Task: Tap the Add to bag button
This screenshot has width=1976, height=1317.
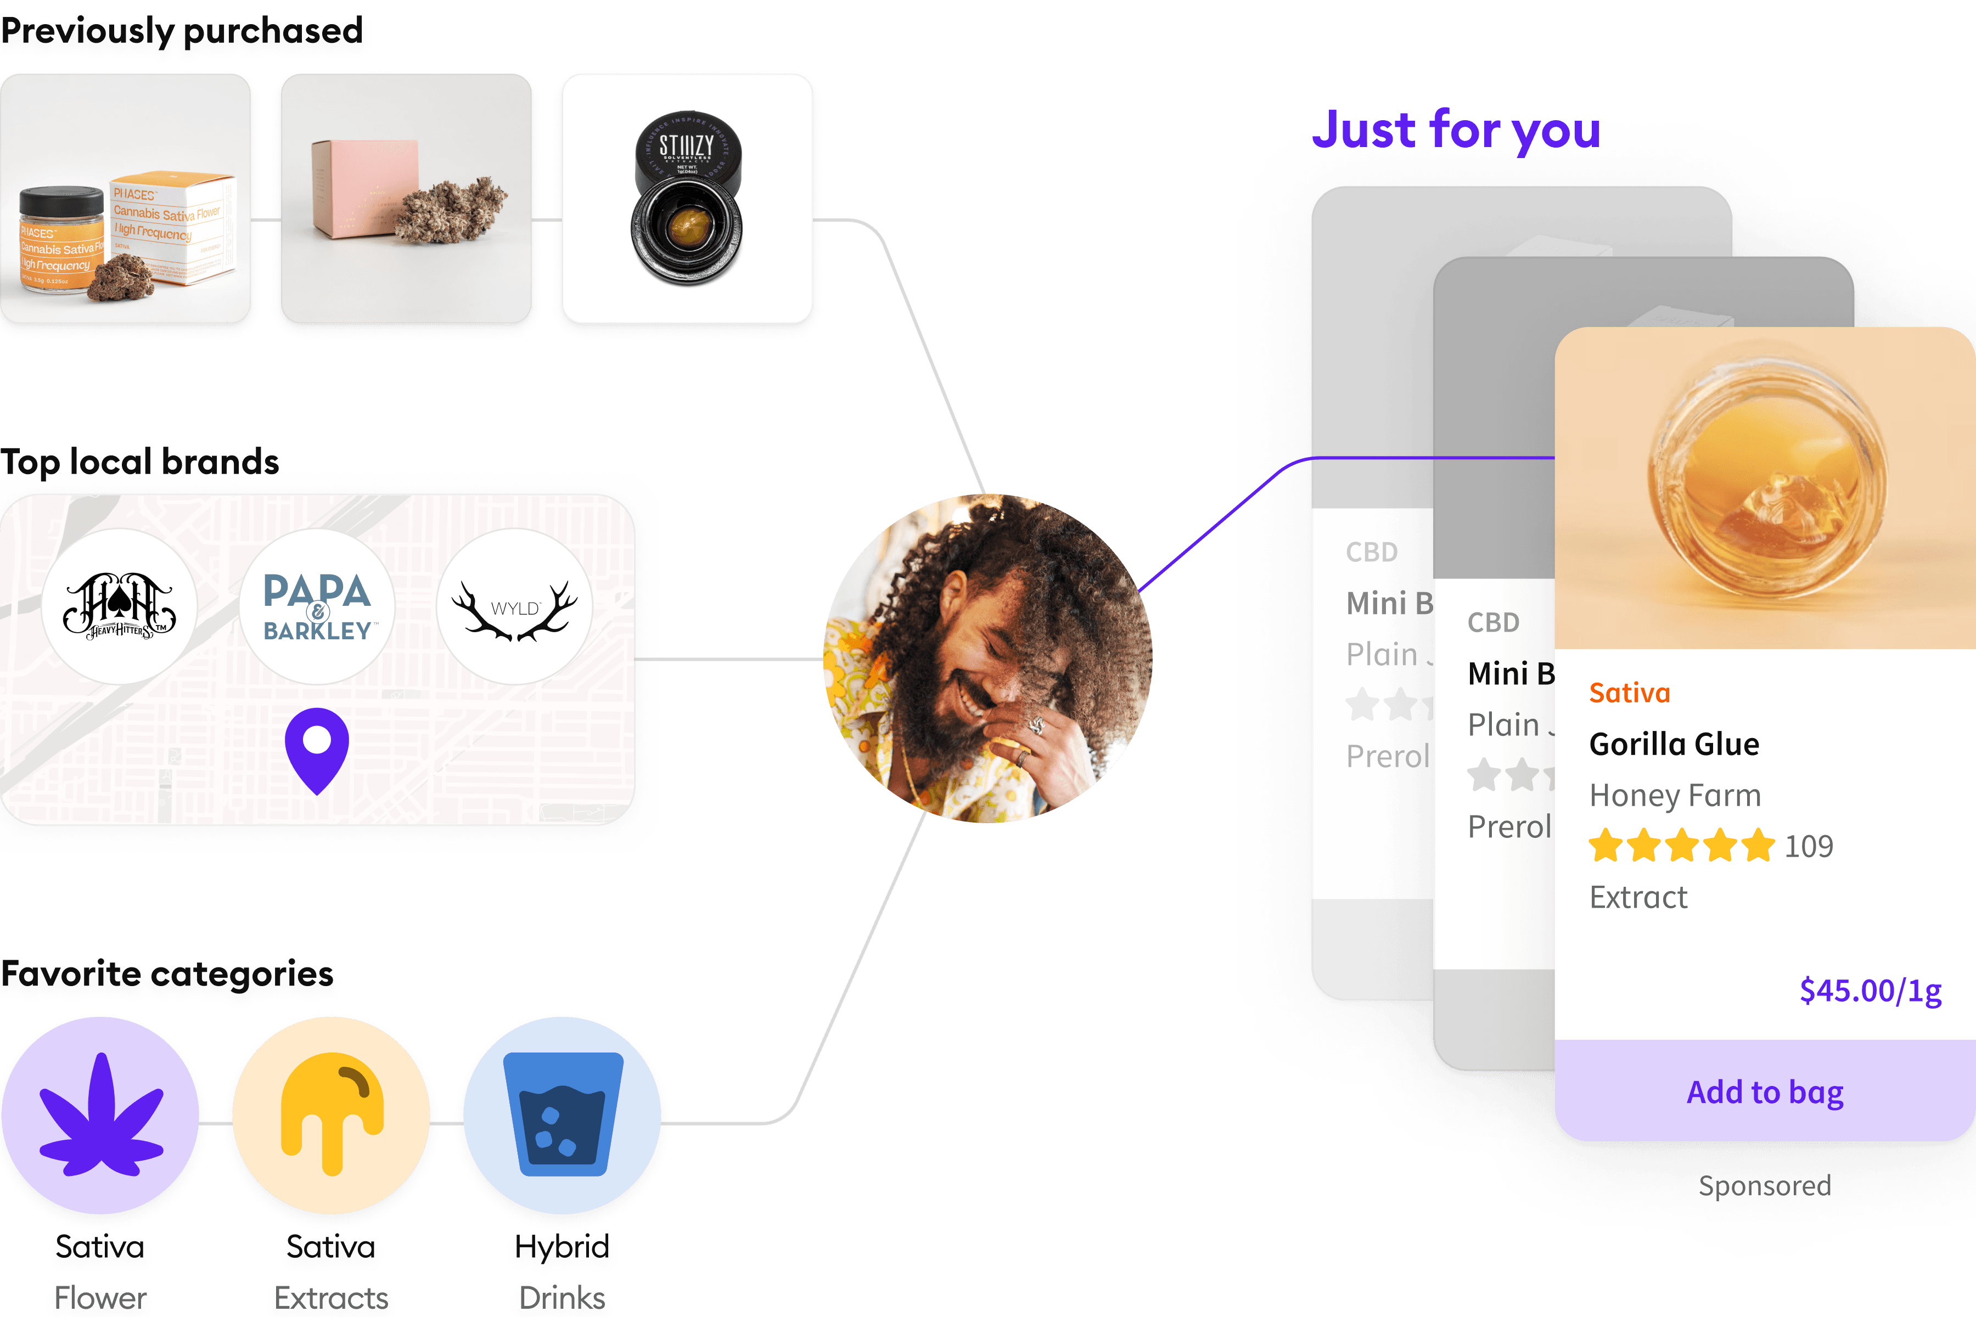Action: [1764, 1092]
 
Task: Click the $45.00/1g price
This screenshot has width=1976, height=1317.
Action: [1870, 991]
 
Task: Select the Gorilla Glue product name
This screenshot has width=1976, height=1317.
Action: [1674, 744]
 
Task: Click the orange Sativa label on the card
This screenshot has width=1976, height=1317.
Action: [1629, 693]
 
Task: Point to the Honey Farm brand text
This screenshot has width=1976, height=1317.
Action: [1675, 795]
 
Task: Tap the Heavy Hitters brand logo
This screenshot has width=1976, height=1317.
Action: [119, 606]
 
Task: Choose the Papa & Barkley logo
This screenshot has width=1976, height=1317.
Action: [317, 606]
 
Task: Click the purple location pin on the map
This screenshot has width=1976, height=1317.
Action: [317, 746]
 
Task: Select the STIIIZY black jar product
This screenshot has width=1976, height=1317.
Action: [687, 198]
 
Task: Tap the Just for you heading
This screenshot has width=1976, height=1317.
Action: [1456, 130]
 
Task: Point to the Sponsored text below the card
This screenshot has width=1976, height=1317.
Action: [1764, 1185]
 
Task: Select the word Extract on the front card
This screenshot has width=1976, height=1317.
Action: [1638, 898]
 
